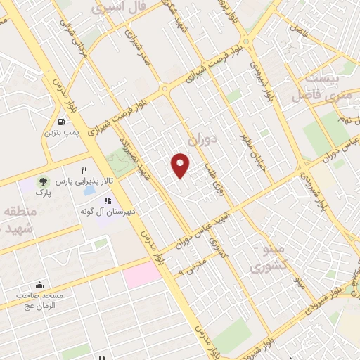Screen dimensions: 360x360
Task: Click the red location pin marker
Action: click(x=181, y=165)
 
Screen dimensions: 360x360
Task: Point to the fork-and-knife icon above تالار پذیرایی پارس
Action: click(x=84, y=170)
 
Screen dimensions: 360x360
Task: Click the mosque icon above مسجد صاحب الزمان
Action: click(x=39, y=286)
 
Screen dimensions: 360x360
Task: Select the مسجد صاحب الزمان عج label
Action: click(x=40, y=300)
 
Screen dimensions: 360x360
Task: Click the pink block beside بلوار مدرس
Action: click(x=142, y=274)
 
